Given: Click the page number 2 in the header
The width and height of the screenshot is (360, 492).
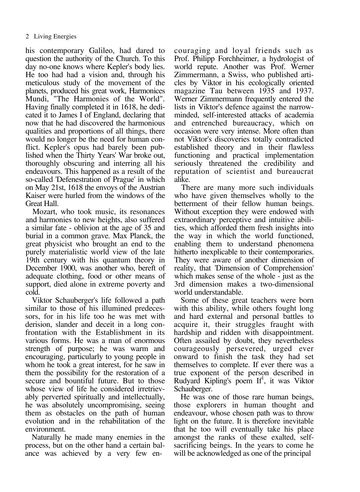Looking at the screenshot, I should (x=27, y=37).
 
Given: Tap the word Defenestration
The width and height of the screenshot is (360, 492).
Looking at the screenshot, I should (x=85, y=179).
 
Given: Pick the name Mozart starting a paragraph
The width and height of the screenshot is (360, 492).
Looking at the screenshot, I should (x=45, y=212).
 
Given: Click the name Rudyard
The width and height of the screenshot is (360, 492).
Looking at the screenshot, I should (x=186, y=381).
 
